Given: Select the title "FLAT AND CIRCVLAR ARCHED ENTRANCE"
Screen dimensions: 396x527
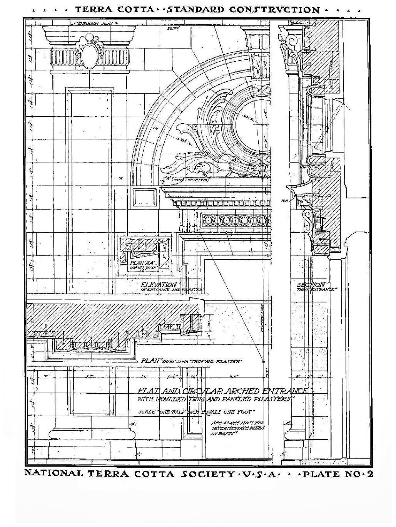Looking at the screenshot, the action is (224, 391).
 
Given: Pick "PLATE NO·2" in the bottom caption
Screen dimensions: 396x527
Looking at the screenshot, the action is (338, 473).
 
